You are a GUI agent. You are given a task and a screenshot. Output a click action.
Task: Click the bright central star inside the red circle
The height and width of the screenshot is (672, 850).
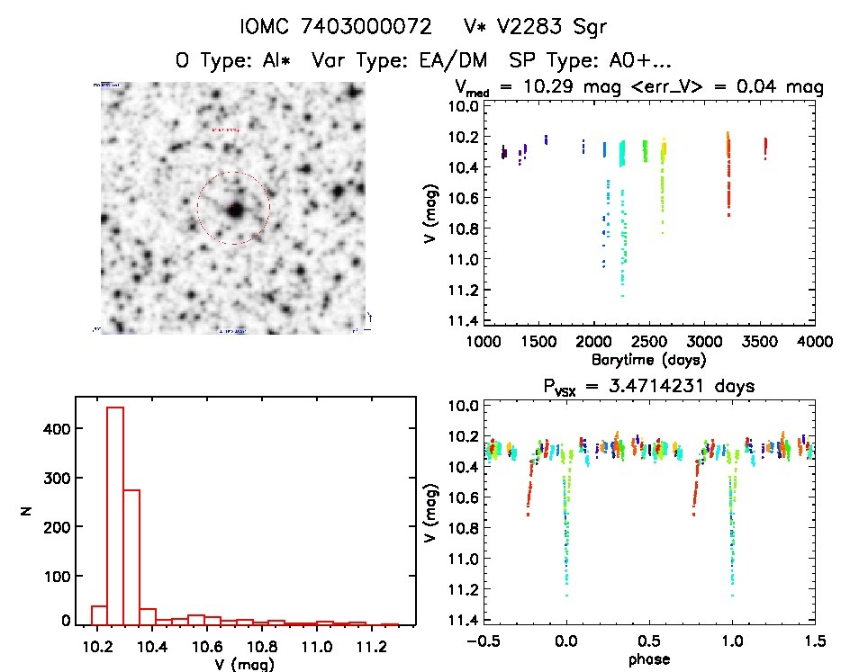(235, 210)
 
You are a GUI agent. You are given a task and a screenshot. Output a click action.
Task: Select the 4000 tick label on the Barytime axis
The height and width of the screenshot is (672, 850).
(815, 342)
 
